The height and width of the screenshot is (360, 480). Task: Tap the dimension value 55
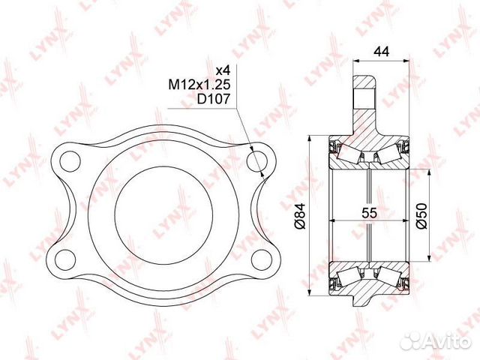point(368,212)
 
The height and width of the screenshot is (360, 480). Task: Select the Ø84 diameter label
point(298,215)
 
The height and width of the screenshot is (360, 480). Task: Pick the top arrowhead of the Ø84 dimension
point(310,139)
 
